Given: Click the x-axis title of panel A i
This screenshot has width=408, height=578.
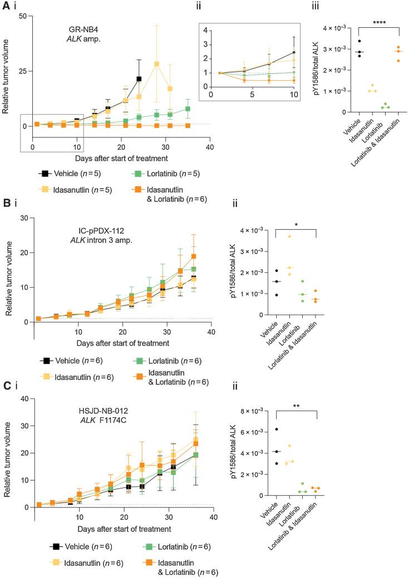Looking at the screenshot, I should (x=121, y=157).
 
